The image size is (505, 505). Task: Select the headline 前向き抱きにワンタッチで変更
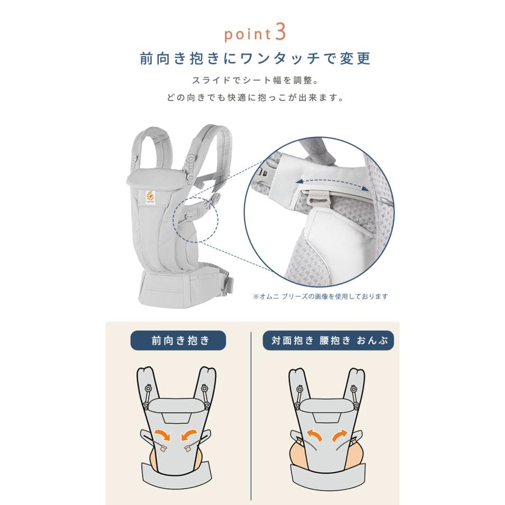252,58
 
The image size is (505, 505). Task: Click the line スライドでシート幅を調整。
252,80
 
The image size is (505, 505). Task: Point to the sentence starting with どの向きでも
252,97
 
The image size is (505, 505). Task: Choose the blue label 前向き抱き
178,341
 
